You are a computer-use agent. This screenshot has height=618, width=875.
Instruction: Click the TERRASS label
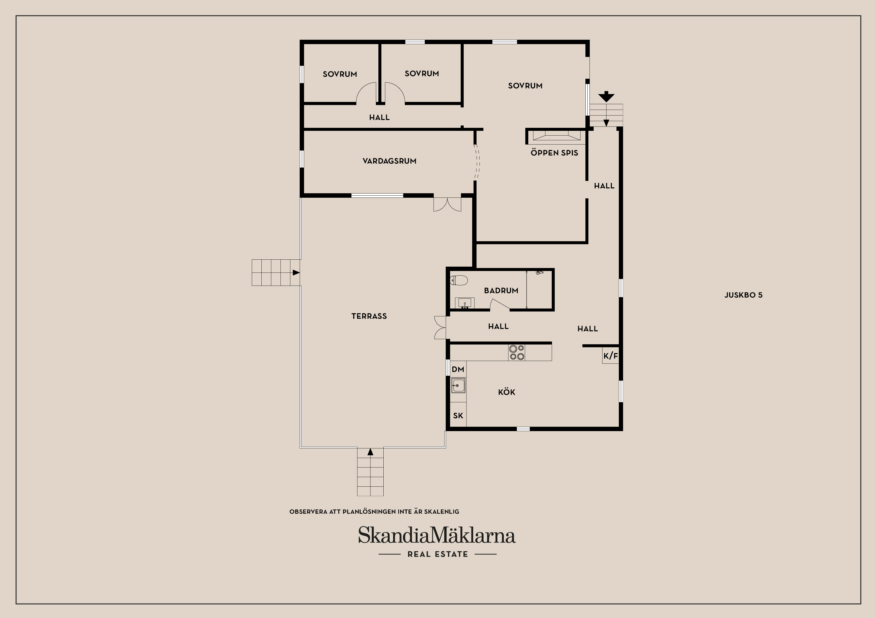pyautogui.click(x=369, y=316)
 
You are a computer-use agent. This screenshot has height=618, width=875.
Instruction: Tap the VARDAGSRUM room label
pyautogui.click(x=389, y=161)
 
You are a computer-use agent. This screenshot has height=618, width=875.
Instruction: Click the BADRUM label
pyautogui.click(x=501, y=291)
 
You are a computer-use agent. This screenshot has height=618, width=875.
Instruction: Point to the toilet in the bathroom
pyautogui.click(x=459, y=281)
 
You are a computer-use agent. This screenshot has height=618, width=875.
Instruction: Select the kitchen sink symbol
pyautogui.click(x=458, y=385)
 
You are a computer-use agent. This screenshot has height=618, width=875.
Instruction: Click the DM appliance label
pyautogui.click(x=458, y=369)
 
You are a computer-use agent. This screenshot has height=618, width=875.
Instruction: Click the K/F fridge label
pyautogui.click(x=611, y=356)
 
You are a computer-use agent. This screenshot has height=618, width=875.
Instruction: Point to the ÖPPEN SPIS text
pyautogui.click(x=554, y=153)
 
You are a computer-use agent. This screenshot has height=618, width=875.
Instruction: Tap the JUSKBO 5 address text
pyautogui.click(x=743, y=295)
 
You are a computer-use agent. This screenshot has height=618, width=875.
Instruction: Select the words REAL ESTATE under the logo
pyautogui.click(x=437, y=554)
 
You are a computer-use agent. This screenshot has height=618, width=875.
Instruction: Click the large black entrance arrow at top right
pyautogui.click(x=606, y=96)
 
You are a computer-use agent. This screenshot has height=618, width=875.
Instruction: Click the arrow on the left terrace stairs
pyautogui.click(x=296, y=273)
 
